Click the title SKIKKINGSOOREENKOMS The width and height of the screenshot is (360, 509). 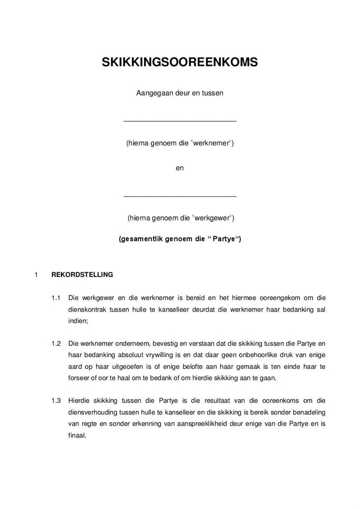tap(180, 62)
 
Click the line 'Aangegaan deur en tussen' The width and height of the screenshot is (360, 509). tap(180, 93)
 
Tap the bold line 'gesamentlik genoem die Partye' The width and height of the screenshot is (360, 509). tap(180, 239)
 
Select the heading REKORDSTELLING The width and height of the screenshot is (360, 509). tap(82, 274)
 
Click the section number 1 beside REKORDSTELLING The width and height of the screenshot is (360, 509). tap(36, 274)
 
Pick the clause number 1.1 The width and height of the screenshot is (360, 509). tap(56, 298)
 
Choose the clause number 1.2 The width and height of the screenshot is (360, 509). tap(56, 344)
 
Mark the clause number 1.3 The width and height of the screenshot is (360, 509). tap(56, 400)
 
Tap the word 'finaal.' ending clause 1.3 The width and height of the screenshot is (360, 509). tap(77, 435)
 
